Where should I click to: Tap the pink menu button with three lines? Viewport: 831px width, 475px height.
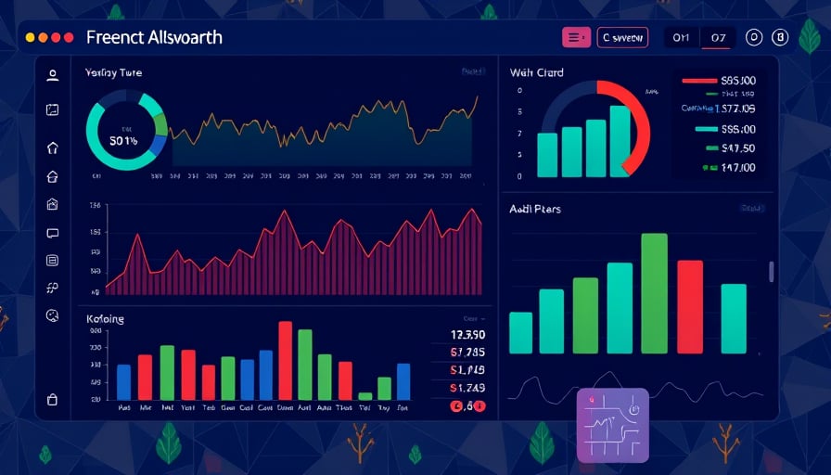coord(576,37)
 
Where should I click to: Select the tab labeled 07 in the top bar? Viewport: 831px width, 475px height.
coord(718,38)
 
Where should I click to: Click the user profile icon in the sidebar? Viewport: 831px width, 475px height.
coord(53,75)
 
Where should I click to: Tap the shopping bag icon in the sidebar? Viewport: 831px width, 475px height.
coord(52,400)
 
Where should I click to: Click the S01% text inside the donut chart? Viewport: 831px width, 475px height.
coord(123,141)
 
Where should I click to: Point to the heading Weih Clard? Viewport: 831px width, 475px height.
coord(536,72)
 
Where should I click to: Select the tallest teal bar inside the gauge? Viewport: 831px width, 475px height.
coord(620,141)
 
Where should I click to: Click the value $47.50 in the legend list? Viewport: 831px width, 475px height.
coord(738,148)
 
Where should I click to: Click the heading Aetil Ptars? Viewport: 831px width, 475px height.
coord(535,209)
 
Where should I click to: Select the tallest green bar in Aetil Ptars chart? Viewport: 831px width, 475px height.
coord(654,293)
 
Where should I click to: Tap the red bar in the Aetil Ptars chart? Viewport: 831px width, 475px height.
coord(690,306)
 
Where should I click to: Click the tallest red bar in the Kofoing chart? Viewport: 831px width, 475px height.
coord(285,360)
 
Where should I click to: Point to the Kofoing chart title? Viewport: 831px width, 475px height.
coord(105,319)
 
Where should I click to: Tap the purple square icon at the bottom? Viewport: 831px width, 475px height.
coord(612,424)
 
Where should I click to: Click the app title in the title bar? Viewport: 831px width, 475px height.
coord(153,38)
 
